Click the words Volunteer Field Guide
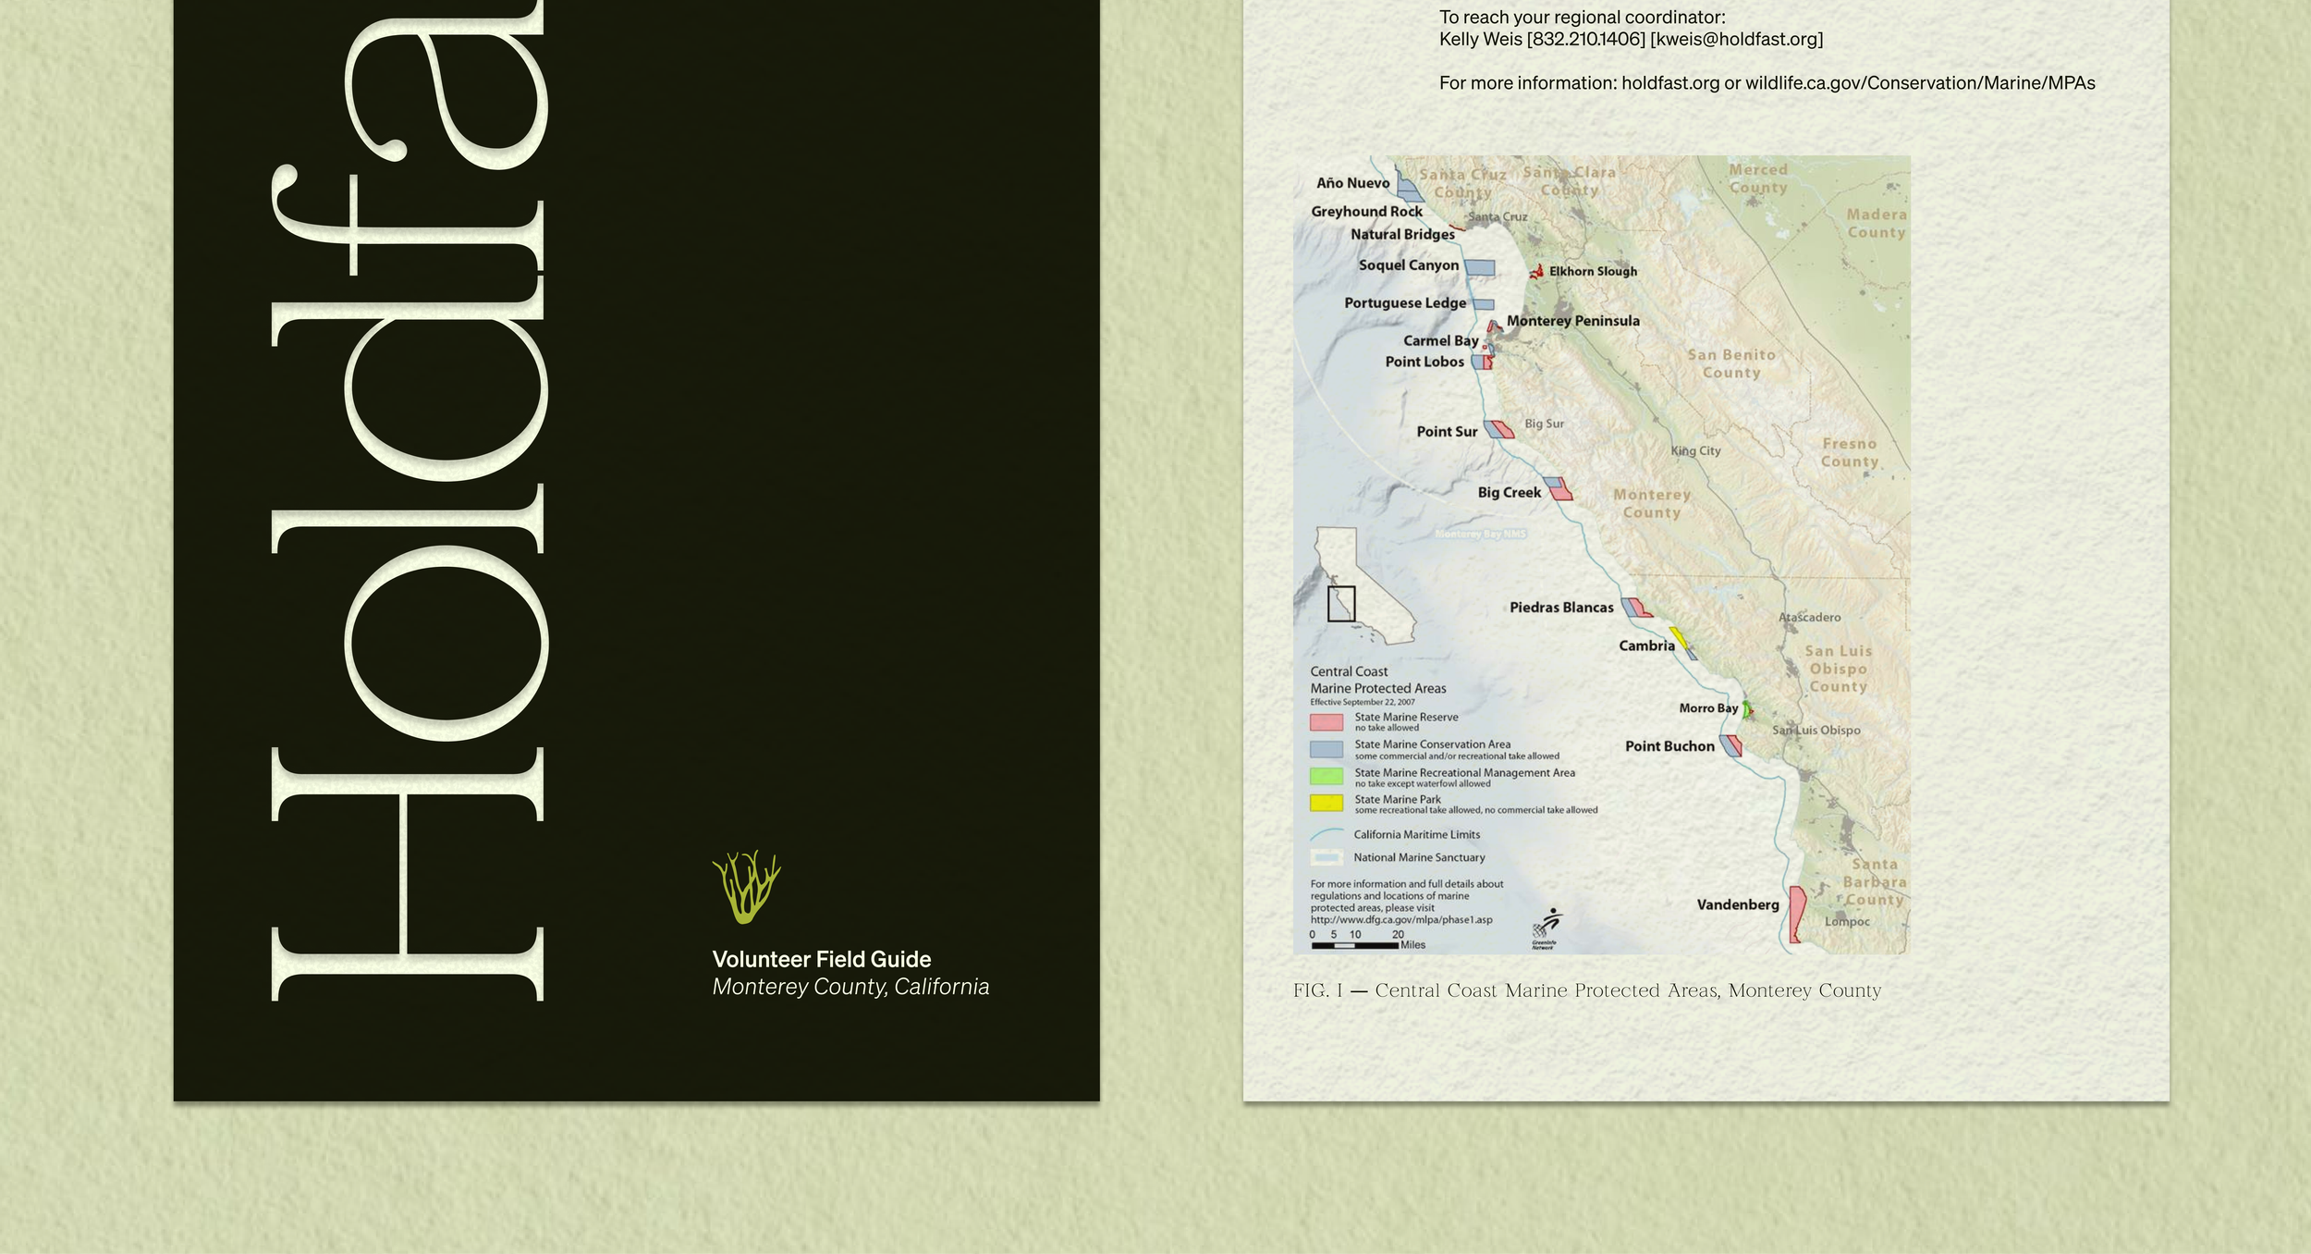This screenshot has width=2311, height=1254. click(821, 959)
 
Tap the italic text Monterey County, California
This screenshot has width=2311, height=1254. click(850, 987)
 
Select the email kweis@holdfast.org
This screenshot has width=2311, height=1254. click(1736, 39)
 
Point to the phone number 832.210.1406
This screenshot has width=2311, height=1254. click(1585, 39)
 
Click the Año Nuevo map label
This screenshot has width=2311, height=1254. click(1352, 183)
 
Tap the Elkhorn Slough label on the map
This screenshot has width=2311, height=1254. click(1592, 271)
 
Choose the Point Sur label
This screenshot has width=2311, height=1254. click(1447, 432)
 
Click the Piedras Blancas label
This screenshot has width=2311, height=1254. click(1560, 608)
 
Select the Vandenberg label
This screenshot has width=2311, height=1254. click(1737, 904)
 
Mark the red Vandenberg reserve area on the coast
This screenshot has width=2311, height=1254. click(1796, 913)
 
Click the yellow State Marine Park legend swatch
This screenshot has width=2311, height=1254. click(1326, 803)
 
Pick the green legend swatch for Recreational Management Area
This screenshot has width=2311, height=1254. click(1326, 776)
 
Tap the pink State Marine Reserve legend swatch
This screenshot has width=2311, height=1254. click(1326, 721)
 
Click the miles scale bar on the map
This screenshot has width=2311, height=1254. click(1354, 945)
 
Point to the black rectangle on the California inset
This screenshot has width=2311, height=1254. click(1340, 603)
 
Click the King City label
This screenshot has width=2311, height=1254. click(1695, 450)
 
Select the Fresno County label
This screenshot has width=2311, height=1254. click(1849, 452)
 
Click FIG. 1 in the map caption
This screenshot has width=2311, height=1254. click(1317, 990)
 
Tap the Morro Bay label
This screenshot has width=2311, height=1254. click(1707, 708)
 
